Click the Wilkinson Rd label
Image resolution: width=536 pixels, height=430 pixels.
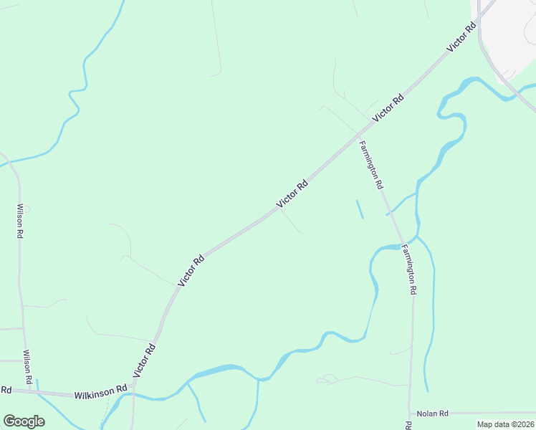pyautogui.click(x=101, y=391)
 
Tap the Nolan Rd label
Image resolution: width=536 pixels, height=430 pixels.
pyautogui.click(x=433, y=414)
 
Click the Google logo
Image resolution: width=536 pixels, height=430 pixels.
pyautogui.click(x=24, y=421)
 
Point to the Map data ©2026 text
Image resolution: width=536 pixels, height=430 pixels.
pyautogui.click(x=506, y=424)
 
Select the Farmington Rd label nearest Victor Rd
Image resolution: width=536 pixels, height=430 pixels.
pyautogui.click(x=370, y=165)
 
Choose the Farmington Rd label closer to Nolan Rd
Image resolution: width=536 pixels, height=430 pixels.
pyautogui.click(x=408, y=270)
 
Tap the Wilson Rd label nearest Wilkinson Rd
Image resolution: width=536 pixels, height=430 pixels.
pyautogui.click(x=29, y=366)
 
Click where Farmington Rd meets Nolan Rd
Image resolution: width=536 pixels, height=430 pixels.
pyautogui.click(x=410, y=413)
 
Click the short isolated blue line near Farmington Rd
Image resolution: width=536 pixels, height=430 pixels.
pyautogui.click(x=359, y=209)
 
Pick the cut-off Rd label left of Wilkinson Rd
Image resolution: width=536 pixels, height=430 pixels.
pyautogui.click(x=6, y=390)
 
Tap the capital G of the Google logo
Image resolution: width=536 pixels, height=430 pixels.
pyautogui.click(x=10, y=421)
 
